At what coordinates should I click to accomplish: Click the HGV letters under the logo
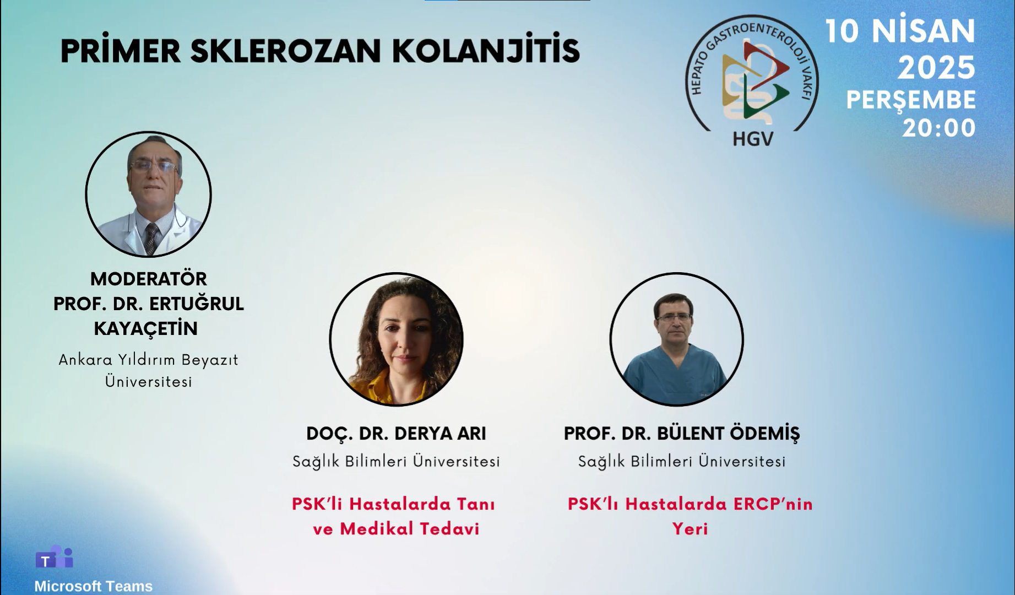click(x=753, y=138)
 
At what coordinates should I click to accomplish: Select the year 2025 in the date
click(x=937, y=68)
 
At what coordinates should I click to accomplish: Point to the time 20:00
click(x=939, y=128)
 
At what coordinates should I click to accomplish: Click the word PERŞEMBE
click(x=911, y=100)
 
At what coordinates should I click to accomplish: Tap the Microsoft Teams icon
click(x=54, y=557)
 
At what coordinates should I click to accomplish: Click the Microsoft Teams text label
click(x=94, y=586)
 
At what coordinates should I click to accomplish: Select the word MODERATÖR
click(x=149, y=278)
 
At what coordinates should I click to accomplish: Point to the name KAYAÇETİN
click(x=146, y=328)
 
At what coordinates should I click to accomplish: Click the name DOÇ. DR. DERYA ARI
click(x=396, y=434)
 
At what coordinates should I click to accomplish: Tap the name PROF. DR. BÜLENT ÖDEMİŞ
click(x=681, y=433)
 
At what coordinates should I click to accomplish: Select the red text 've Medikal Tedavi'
click(x=396, y=529)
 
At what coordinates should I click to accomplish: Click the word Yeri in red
click(x=690, y=529)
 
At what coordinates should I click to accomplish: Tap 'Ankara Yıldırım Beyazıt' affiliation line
click(x=149, y=360)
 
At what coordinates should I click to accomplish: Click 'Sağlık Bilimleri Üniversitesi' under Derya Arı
click(x=396, y=461)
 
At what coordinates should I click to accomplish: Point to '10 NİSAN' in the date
click(x=900, y=31)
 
